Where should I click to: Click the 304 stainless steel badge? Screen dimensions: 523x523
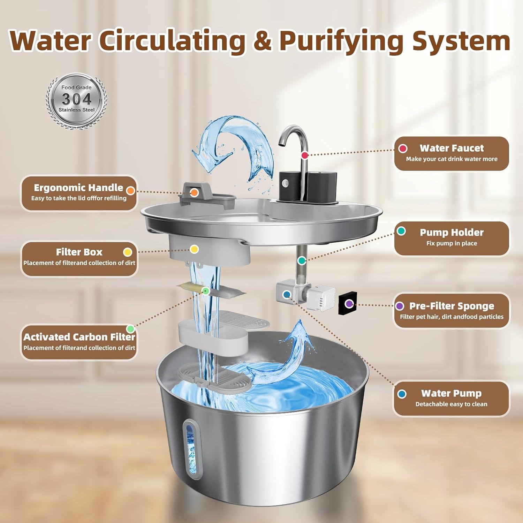pos(76,101)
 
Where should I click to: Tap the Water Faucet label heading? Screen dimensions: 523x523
pos(452,148)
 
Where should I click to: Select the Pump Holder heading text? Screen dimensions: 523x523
pos(452,232)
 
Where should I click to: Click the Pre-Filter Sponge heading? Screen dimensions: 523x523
pos(452,306)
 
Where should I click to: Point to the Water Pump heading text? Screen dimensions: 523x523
pos(451,393)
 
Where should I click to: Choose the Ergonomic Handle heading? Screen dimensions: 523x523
pos(78,188)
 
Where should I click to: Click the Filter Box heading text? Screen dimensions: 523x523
pos(79,252)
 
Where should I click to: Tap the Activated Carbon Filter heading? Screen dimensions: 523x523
pos(79,337)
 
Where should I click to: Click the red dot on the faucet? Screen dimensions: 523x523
pos(305,155)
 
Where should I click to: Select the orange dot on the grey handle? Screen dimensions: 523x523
pos(194,192)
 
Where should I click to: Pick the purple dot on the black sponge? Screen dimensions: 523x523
pos(349,304)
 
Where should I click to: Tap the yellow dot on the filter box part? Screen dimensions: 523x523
pos(194,249)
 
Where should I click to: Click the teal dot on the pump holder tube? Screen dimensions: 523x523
pos(302,260)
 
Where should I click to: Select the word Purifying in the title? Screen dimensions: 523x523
pos(340,41)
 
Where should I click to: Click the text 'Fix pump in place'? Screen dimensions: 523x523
pos(452,243)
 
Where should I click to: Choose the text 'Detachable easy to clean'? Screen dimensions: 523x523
pos(451,404)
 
